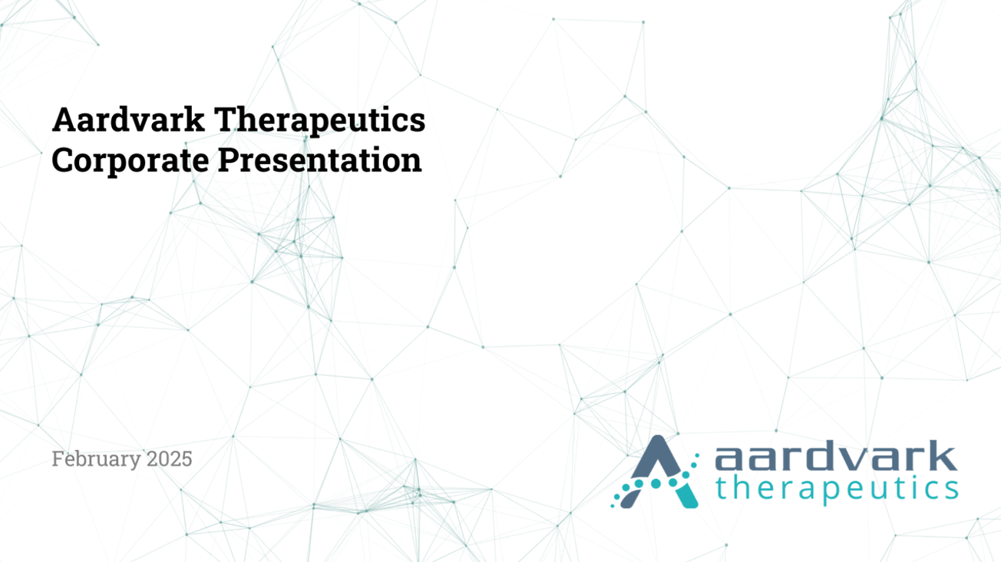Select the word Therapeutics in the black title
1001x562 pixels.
319,121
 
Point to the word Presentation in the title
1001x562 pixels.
319,160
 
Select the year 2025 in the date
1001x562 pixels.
170,459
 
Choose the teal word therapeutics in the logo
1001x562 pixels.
836,488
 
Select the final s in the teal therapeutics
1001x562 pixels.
950,488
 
